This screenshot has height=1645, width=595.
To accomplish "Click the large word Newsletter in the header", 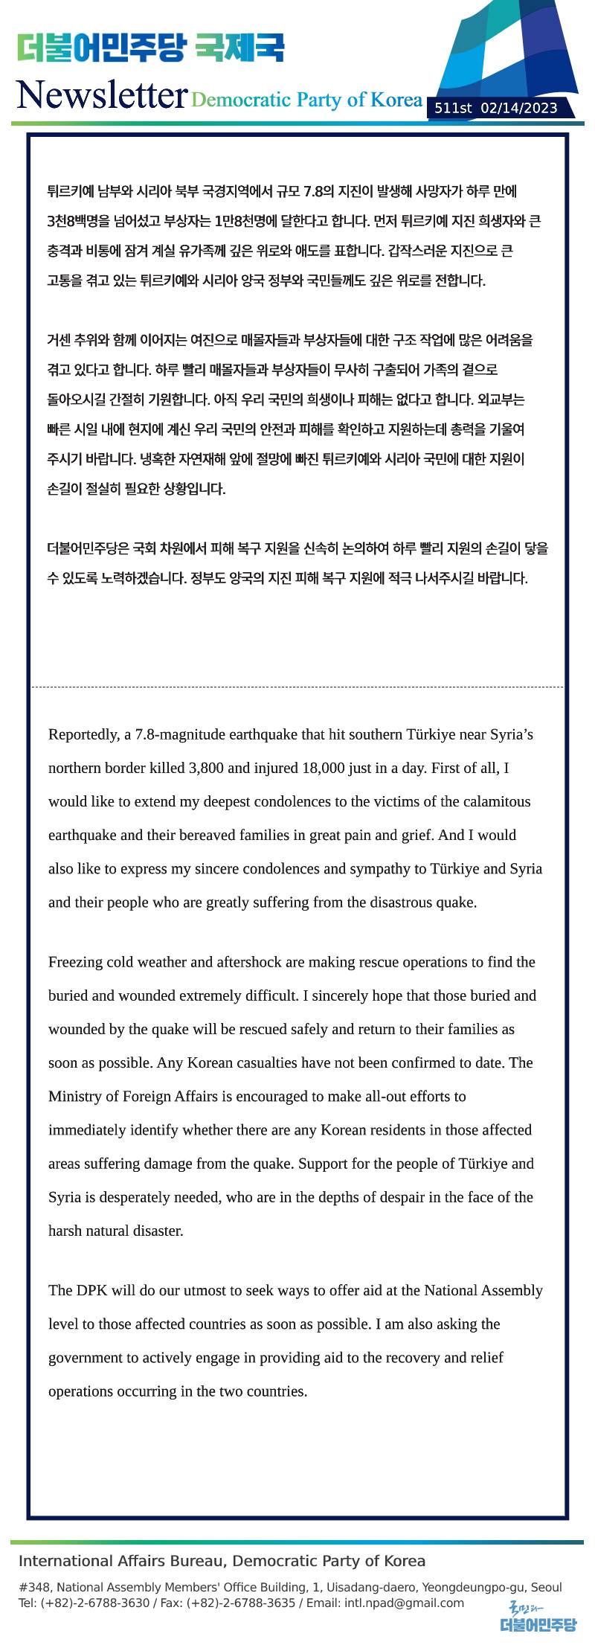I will (x=101, y=94).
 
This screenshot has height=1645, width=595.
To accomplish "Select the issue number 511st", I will (x=453, y=109).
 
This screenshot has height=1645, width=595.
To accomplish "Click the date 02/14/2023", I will (x=519, y=109).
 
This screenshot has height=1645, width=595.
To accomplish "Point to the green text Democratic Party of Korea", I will (x=306, y=100).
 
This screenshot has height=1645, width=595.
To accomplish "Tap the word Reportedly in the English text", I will (x=81, y=735).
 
